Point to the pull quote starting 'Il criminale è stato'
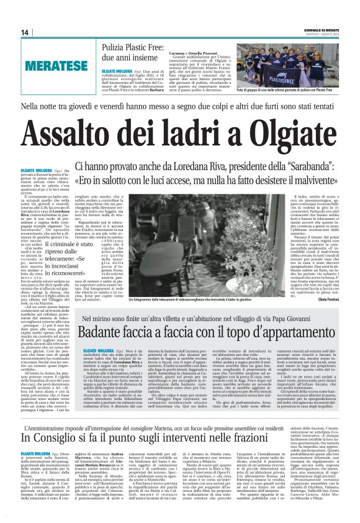click(x=75, y=236)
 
